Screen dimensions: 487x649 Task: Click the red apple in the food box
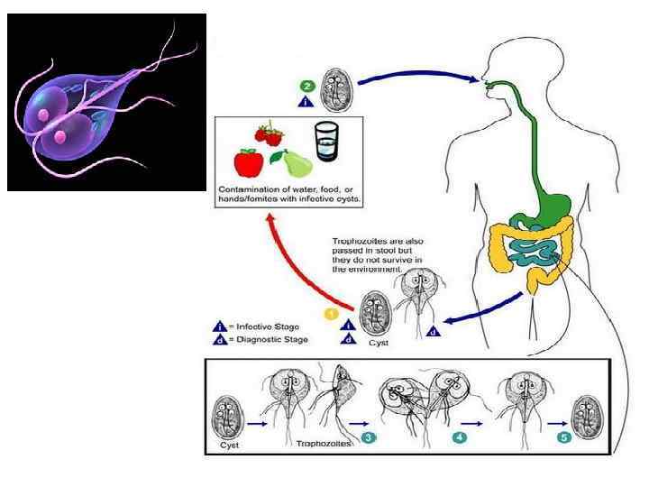pos(247,162)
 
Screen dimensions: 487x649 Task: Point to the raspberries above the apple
pos(269,134)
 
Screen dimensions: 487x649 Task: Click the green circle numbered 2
pos(307,87)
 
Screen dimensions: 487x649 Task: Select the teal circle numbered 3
pos(369,437)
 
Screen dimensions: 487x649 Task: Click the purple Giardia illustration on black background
pos(106,102)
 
